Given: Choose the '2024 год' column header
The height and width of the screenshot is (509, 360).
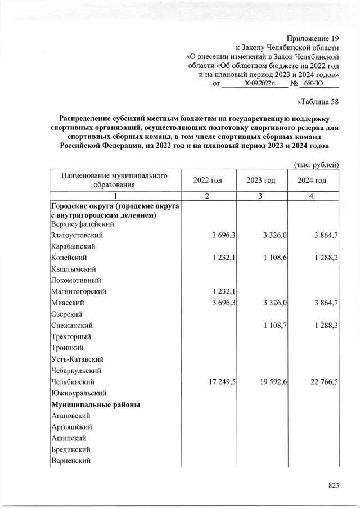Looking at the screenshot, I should pos(313,180).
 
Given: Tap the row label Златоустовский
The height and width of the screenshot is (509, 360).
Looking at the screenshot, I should pos(78,235).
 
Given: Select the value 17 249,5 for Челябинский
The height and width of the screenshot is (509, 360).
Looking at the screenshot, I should pos(220,382).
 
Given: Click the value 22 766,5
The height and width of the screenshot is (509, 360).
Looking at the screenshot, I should pos(322,382).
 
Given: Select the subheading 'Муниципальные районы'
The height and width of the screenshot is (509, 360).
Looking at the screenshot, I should pos(95,404).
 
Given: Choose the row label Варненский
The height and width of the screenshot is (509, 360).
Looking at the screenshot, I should pos(71,461).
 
